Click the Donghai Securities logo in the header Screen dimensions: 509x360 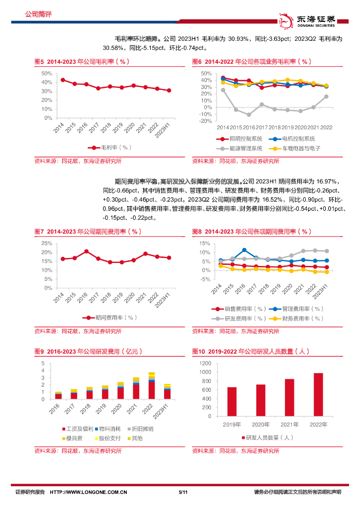tap(308, 20)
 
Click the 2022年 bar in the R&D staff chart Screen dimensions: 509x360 tap(318, 395)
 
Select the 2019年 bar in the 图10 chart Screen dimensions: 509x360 tap(232, 402)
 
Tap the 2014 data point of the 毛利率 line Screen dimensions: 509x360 tap(63, 80)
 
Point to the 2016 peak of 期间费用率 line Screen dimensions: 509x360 tap(87, 252)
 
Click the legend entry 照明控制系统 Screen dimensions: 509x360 tap(234, 139)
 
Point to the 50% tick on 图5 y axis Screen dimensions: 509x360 tap(47, 73)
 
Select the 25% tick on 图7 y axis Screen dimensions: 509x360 tap(47, 243)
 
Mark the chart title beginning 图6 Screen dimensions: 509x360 tap(252, 62)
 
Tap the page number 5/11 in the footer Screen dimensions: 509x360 tap(182, 492)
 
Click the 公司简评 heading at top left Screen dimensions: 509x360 tap(38, 14)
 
